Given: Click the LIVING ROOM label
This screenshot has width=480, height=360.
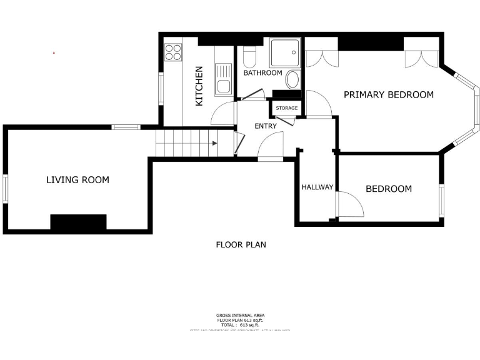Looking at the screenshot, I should point(77,180).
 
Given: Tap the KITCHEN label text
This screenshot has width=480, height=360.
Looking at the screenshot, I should point(199,86).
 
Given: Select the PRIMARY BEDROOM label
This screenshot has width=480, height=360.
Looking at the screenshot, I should point(388,94).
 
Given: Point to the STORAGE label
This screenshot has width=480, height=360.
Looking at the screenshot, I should point(287,108).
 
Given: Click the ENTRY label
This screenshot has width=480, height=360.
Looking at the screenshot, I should point(265,126).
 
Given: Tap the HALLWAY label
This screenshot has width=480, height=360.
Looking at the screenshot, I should point(317,187).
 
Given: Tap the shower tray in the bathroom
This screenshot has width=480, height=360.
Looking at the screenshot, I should point(285,52).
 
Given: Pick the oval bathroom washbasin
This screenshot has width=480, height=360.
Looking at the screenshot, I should point(292,79).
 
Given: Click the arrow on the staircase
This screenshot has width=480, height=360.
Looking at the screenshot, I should point(214,143).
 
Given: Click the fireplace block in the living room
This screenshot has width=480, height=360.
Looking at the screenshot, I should point(78,222).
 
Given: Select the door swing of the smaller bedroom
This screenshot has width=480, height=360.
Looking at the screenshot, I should point(349,204).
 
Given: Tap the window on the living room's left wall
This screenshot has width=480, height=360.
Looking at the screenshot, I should point(6,189).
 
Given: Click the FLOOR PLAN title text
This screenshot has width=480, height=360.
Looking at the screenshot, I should point(241,244).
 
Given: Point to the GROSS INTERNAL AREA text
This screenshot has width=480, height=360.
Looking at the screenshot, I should point(240,315).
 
